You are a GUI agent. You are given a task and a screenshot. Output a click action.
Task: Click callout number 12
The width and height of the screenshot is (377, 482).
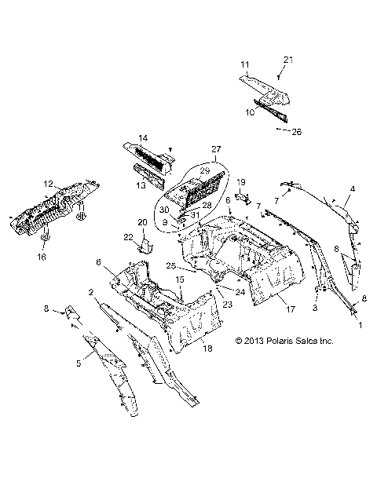coord(48,184)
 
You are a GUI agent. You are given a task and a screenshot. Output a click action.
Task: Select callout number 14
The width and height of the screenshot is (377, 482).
coord(141,138)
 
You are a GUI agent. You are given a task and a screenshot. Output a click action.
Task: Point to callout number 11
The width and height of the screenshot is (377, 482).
coord(244,64)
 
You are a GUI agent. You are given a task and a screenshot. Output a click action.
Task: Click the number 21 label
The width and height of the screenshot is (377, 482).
coord(287,60)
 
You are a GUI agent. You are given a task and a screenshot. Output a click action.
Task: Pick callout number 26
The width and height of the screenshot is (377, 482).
coord(297,131)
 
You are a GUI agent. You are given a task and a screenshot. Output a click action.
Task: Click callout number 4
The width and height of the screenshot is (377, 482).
coord(353,189)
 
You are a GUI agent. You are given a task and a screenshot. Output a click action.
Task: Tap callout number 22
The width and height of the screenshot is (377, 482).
coord(127,237)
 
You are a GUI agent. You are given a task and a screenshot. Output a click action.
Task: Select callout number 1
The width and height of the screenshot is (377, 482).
coord(361,323)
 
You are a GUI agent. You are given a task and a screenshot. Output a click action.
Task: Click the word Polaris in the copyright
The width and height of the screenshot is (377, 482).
coord(285,341)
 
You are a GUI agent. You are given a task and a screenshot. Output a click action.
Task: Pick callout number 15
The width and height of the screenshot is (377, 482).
coord(179,279)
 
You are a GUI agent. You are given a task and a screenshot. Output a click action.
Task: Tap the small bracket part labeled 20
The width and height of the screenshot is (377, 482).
coord(145,246)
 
